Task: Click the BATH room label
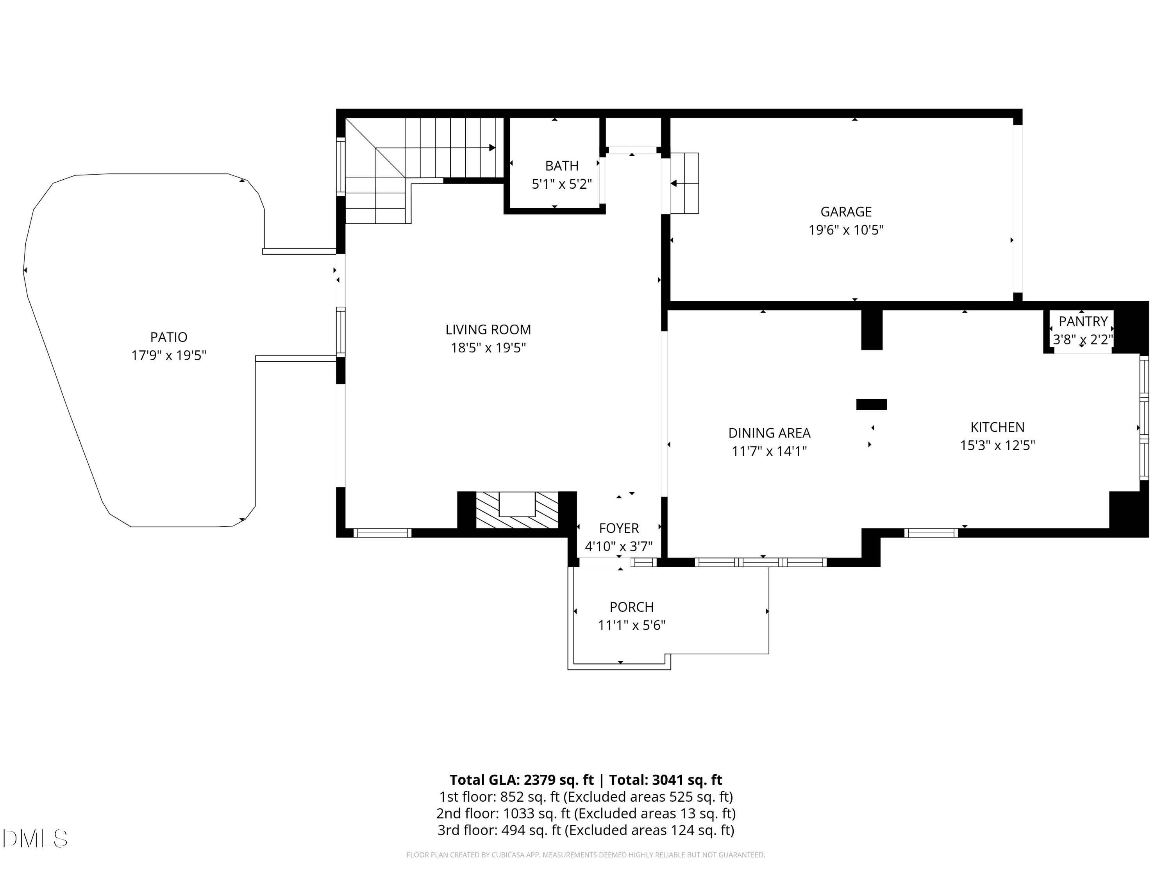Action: tap(562, 166)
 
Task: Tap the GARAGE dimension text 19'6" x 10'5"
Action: tap(846, 230)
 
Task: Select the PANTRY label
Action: tap(1083, 321)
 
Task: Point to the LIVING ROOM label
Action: tap(488, 330)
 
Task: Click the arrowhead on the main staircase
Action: tap(492, 148)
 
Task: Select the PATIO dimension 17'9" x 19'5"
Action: tap(168, 355)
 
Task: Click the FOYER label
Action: tap(618, 528)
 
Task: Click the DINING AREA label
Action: tap(769, 433)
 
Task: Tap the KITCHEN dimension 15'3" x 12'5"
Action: tap(997, 445)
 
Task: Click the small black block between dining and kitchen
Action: tap(871, 404)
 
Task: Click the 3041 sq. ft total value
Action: tap(687, 779)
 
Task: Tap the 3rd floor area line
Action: tap(586, 830)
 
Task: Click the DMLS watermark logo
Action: tap(35, 838)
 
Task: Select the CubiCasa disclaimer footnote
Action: tap(586, 855)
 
